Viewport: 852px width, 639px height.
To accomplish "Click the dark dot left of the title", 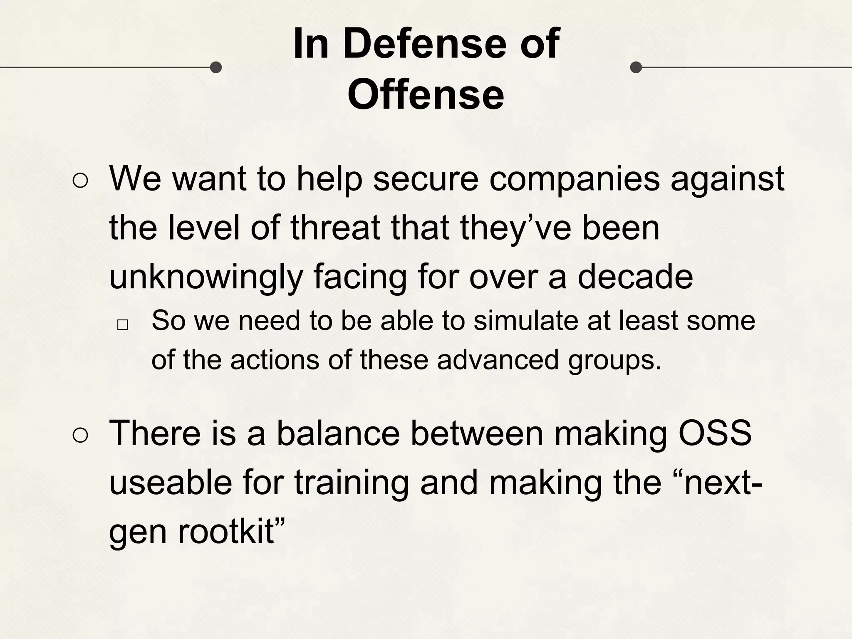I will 215,67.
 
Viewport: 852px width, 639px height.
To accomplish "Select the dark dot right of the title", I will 636,67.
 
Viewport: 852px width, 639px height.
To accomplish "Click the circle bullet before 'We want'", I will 80,181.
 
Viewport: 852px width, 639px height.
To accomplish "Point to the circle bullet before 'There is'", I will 80,436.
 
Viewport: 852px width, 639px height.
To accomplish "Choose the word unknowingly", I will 206,278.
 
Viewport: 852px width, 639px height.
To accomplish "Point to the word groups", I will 614,360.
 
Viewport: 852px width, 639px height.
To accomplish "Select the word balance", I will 338,433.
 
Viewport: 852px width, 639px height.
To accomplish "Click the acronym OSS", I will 715,433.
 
